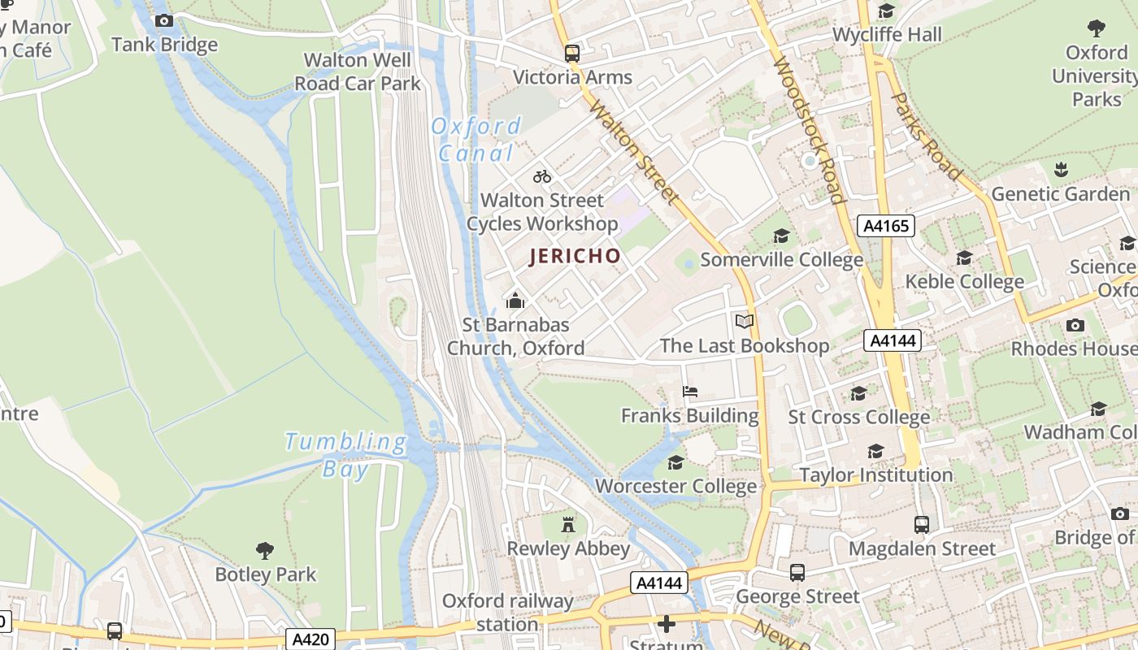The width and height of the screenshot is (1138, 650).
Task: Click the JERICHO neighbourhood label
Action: coord(575,257)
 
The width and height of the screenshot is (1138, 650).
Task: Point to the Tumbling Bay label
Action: coord(345,455)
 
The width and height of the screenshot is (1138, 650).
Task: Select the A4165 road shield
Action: coord(886,226)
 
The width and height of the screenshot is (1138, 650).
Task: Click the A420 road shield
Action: coord(311,639)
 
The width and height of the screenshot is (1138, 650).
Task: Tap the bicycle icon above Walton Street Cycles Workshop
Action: coord(542,176)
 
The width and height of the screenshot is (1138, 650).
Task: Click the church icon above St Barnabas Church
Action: coord(515,301)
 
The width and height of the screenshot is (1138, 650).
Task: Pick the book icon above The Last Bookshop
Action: coord(745,322)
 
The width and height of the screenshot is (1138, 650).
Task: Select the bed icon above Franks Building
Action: coord(690,392)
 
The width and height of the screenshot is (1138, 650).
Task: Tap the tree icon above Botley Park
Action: coord(265,551)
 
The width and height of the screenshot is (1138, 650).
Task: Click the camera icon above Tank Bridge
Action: coord(164,21)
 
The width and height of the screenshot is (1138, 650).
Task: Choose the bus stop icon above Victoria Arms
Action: coord(572,54)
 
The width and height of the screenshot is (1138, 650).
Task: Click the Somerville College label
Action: coord(781,260)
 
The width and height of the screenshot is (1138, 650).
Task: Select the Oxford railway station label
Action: coord(507,613)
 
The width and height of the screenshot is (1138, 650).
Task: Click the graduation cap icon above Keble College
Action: coord(965,258)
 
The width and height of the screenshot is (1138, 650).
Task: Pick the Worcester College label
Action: coord(675,487)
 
